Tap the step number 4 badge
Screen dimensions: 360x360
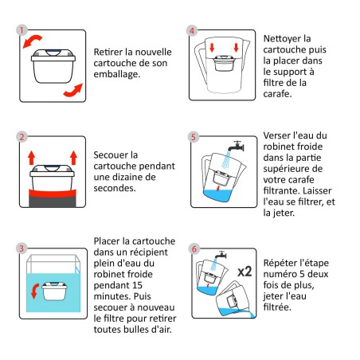tap(191, 30)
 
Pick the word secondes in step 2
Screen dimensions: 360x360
tap(117, 190)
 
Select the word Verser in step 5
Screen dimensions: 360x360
tap(279, 135)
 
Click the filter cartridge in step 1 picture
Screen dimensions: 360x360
tap(52, 68)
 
